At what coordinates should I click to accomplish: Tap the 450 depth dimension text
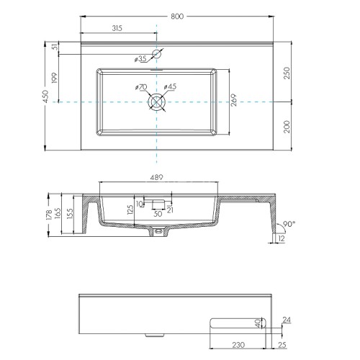pos(46,97)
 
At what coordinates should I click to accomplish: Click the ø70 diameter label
pos(140,88)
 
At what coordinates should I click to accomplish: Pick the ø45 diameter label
pos(170,88)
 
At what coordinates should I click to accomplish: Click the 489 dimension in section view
pos(156,177)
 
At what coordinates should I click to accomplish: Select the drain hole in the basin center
pos(156,102)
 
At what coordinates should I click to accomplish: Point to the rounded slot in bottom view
pos(234,323)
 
